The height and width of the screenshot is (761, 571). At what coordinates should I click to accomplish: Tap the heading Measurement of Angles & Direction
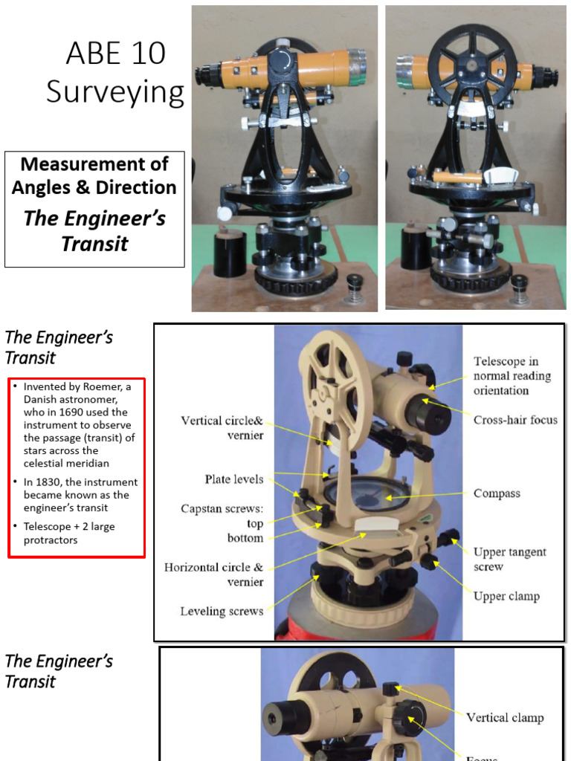tap(94, 175)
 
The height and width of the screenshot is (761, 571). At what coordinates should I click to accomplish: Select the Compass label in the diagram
tap(497, 493)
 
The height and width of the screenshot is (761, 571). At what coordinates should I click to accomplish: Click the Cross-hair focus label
tap(515, 420)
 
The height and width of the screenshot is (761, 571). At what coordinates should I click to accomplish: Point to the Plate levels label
tap(233, 479)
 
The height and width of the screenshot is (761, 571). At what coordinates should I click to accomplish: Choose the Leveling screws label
tap(222, 612)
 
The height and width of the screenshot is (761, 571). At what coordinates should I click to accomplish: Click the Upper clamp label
tap(506, 596)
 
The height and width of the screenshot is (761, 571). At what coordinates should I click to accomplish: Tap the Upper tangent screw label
tap(509, 559)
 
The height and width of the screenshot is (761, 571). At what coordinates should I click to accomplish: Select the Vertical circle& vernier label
tap(222, 428)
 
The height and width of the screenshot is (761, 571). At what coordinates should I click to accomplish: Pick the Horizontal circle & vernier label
tap(214, 574)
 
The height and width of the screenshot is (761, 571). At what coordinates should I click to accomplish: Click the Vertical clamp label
tap(504, 718)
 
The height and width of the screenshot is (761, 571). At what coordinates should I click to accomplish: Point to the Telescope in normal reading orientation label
tap(512, 376)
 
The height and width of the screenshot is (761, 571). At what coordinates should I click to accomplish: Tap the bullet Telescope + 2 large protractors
tap(69, 533)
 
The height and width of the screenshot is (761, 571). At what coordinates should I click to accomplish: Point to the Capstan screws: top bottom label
tap(222, 523)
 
